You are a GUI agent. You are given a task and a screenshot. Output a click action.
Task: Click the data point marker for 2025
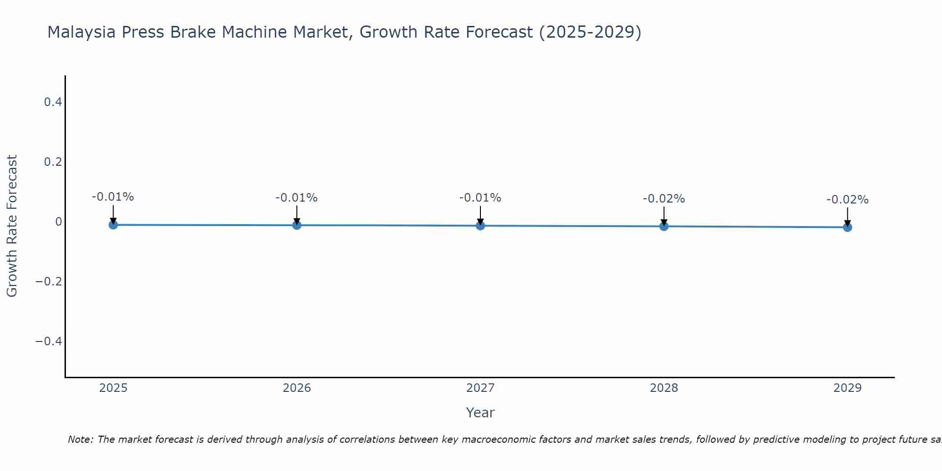click(x=113, y=225)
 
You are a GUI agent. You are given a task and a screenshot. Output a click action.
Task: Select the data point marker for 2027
click(x=480, y=226)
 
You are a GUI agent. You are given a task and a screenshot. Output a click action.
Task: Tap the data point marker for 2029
click(x=847, y=227)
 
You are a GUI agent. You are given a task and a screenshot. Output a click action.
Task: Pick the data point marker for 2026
click(x=297, y=225)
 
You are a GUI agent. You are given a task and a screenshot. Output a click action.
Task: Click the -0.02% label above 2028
click(x=664, y=199)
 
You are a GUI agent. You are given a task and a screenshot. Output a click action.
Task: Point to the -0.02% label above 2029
click(x=847, y=200)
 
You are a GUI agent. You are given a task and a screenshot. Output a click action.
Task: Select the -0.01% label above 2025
click(x=113, y=197)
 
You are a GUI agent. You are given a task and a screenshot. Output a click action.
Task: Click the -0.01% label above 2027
click(x=480, y=198)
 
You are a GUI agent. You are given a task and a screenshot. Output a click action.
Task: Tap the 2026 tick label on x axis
click(x=297, y=388)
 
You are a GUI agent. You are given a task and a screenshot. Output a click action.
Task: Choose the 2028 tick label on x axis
click(x=664, y=388)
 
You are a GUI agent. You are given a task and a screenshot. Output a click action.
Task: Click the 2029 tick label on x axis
click(x=847, y=388)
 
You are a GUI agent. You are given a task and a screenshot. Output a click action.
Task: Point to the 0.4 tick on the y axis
click(x=53, y=102)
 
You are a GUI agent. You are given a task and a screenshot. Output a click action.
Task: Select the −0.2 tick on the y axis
click(x=49, y=281)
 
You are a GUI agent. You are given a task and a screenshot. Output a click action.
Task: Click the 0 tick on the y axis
click(x=58, y=221)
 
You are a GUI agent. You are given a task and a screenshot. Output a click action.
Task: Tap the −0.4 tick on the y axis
click(x=49, y=341)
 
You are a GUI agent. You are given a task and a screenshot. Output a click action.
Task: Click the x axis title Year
click(x=480, y=413)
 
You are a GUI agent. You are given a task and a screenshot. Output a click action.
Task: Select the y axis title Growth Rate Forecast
click(x=12, y=226)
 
